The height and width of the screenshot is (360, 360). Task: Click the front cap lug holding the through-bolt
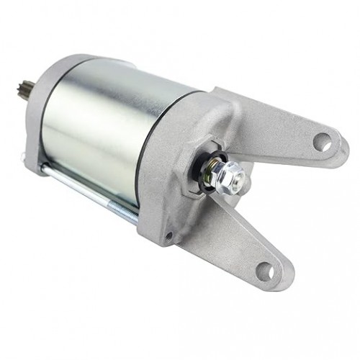point(32,158)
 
